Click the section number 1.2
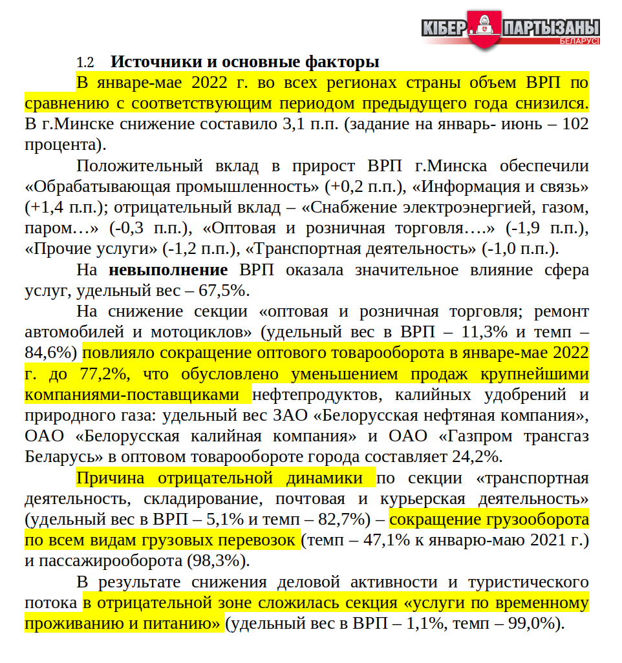(x=85, y=63)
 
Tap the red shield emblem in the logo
(x=483, y=30)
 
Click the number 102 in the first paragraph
(x=575, y=124)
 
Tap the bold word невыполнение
(x=168, y=270)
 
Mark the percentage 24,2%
(x=477, y=457)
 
